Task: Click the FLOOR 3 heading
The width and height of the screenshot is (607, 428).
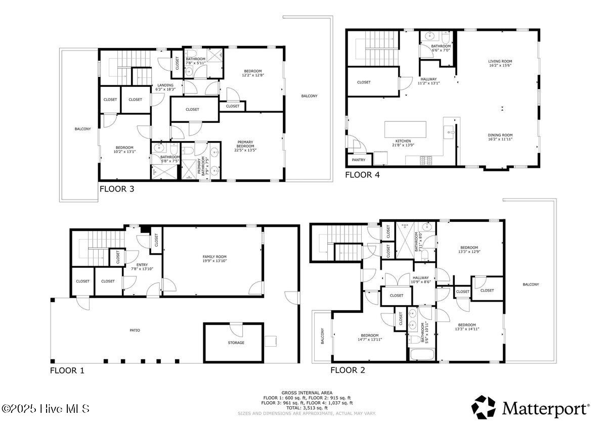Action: [116, 189]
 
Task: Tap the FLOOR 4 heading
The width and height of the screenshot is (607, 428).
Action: [362, 175]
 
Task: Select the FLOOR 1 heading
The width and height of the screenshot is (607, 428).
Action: [67, 370]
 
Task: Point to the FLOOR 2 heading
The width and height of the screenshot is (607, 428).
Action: [348, 370]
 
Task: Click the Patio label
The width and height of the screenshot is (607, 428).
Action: [134, 330]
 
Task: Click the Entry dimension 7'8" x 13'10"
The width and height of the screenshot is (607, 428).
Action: [142, 269]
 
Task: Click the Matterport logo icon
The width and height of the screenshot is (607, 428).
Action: [484, 407]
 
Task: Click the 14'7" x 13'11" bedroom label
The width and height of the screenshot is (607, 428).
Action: [369, 340]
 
